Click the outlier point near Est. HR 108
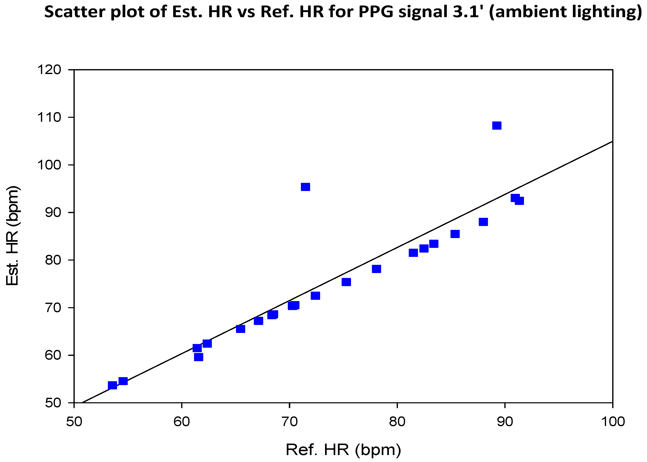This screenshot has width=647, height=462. (497, 125)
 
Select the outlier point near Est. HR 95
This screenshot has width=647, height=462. (305, 187)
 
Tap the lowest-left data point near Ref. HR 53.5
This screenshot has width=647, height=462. (112, 385)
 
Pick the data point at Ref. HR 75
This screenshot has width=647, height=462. (346, 282)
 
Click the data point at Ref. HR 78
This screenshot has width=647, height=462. (376, 269)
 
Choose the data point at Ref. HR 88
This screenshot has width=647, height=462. (483, 222)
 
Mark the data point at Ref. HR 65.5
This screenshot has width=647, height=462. (241, 329)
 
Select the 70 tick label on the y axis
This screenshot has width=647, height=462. (53, 308)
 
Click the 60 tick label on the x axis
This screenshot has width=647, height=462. (182, 422)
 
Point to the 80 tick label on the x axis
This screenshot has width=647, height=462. (397, 422)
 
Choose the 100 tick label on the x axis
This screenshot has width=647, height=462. (613, 422)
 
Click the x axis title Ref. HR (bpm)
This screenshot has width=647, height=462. (343, 450)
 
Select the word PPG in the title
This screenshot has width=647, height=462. (376, 12)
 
